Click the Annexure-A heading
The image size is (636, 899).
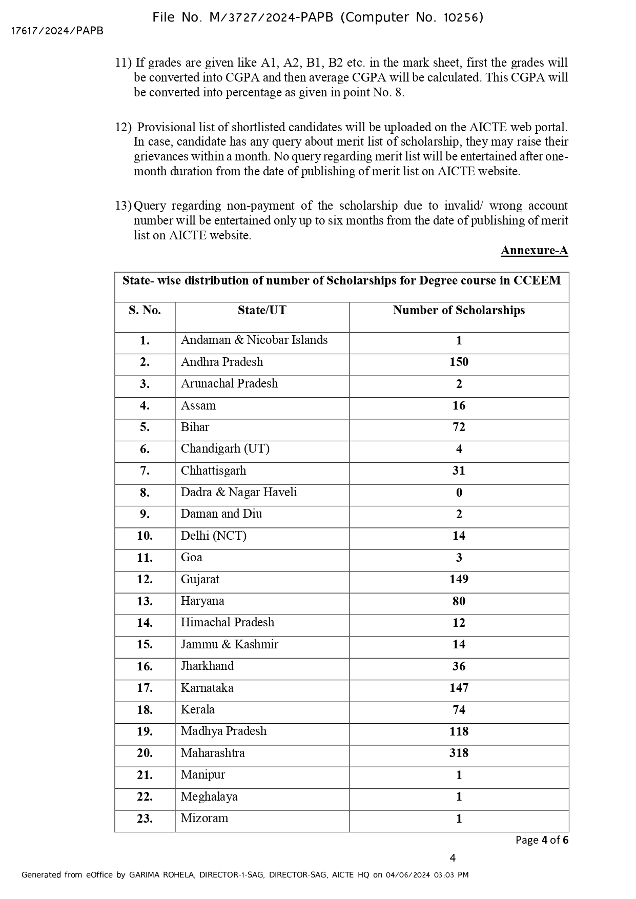pyautogui.click(x=534, y=251)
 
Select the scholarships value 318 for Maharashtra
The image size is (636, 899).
pyautogui.click(x=459, y=753)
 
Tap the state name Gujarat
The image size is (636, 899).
pyautogui.click(x=200, y=579)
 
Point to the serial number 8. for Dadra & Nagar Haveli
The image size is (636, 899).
pyautogui.click(x=145, y=493)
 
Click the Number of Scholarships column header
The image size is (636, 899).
pyautogui.click(x=459, y=310)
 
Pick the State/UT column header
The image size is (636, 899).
pyautogui.click(x=262, y=310)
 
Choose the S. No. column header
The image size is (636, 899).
pyautogui.click(x=145, y=310)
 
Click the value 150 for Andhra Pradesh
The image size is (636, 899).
pyautogui.click(x=459, y=362)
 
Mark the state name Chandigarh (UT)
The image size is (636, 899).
pyautogui.click(x=225, y=448)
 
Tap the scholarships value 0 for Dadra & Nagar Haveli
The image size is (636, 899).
pyautogui.click(x=459, y=493)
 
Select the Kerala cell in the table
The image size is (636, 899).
pyautogui.click(x=198, y=709)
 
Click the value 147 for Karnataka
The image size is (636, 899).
pyautogui.click(x=459, y=688)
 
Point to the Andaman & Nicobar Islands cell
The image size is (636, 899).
pyautogui.click(x=254, y=340)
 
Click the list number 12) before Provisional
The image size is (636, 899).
pyautogui.click(x=123, y=127)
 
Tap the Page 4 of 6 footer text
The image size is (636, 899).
pyautogui.click(x=542, y=840)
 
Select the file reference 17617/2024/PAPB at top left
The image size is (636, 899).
pyautogui.click(x=57, y=31)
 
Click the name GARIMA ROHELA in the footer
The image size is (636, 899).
pyautogui.click(x=161, y=875)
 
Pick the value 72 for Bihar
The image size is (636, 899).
pyautogui.click(x=459, y=427)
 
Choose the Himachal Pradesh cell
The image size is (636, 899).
pyautogui.click(x=228, y=622)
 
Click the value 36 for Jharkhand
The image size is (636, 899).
pyautogui.click(x=459, y=666)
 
